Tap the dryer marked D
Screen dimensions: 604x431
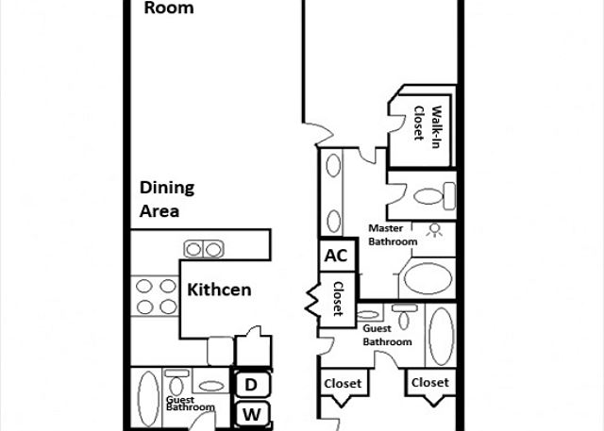(251, 384)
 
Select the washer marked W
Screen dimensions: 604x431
(252, 414)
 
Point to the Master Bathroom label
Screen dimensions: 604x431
(393, 235)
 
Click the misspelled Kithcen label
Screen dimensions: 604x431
(219, 290)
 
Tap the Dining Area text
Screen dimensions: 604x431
(167, 199)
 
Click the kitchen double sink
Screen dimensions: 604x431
(204, 249)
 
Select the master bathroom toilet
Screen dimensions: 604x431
(434, 196)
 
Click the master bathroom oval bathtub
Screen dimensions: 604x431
(428, 278)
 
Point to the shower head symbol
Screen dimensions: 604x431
(434, 230)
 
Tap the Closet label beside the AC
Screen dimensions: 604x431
(338, 299)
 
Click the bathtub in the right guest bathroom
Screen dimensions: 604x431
(442, 336)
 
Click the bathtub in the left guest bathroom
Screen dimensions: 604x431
(148, 399)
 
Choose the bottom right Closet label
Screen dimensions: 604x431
(430, 383)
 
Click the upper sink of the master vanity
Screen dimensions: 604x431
(333, 165)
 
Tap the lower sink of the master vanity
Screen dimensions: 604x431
(333, 222)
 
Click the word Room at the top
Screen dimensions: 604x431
(169, 8)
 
